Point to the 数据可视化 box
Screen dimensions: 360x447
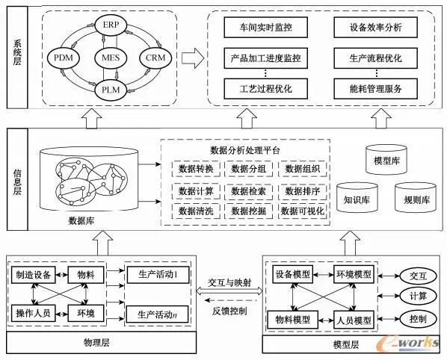[x=300, y=212]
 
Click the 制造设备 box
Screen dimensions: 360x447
[x=33, y=274]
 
